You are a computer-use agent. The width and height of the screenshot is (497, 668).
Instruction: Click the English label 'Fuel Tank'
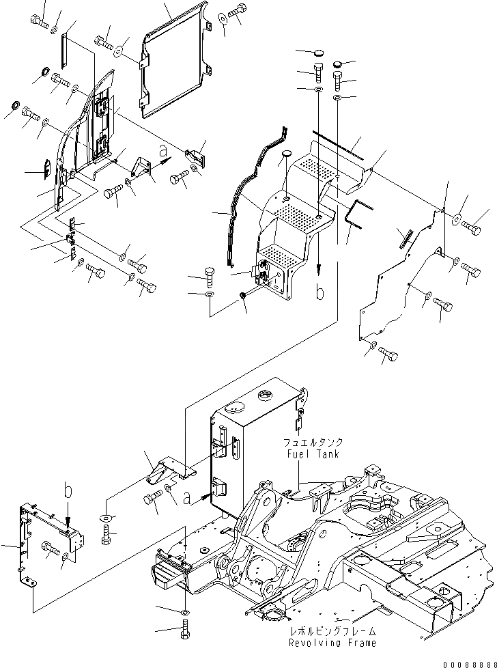[x=310, y=453]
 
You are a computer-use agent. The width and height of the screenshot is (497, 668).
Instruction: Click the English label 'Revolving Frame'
[x=331, y=643]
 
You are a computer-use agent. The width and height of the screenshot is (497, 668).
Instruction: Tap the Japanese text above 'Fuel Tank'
[x=310, y=443]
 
